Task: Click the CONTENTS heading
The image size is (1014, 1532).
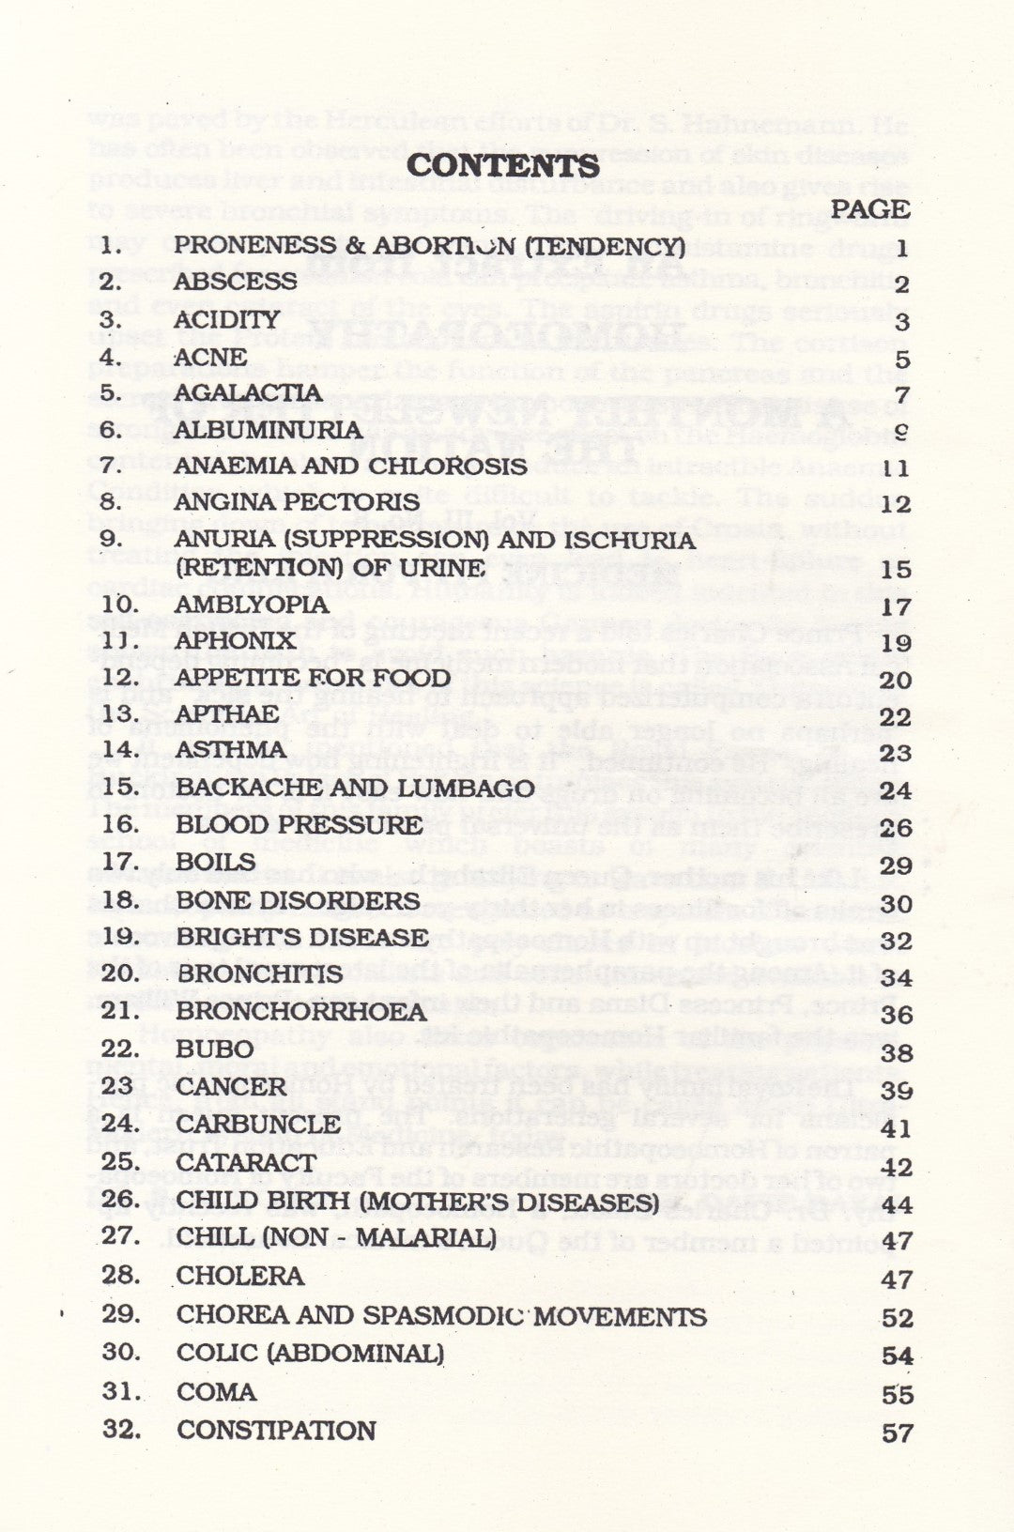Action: coord(504,165)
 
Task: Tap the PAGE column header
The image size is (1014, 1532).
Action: coord(870,208)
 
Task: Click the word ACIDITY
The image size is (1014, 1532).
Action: coord(226,319)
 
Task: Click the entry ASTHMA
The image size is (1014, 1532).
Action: coord(230,749)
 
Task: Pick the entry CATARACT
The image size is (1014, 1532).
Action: coord(246,1162)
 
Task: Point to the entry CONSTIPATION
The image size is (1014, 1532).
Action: coord(276,1430)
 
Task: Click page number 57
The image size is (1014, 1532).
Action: coord(898,1432)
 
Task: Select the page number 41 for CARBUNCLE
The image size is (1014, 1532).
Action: coord(898,1128)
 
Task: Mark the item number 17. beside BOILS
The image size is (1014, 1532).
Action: coord(120,861)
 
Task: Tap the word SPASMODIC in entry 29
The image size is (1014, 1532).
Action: coord(446,1315)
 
